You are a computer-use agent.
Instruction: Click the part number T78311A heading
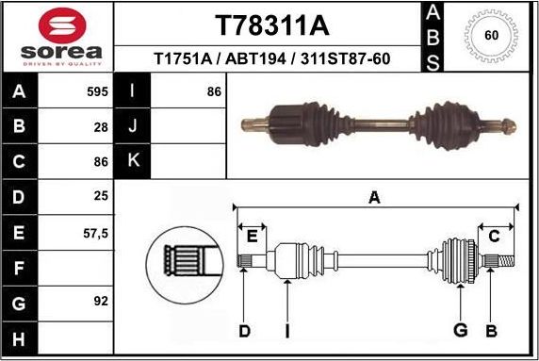click(x=272, y=24)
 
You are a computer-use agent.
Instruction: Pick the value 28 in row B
click(x=100, y=127)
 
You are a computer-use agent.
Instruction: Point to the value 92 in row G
click(x=100, y=302)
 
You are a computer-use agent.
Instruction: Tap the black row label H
click(x=19, y=337)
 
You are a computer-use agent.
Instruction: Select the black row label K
click(x=133, y=162)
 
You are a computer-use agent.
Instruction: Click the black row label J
click(x=133, y=127)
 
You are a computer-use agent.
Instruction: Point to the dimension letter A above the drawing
click(x=374, y=197)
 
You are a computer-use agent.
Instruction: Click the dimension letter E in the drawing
click(x=251, y=236)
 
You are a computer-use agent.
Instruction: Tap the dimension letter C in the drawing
click(x=493, y=236)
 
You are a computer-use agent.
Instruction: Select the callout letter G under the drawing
click(x=460, y=330)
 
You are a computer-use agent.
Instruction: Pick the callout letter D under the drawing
click(x=244, y=330)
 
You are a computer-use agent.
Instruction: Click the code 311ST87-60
click(x=343, y=58)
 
